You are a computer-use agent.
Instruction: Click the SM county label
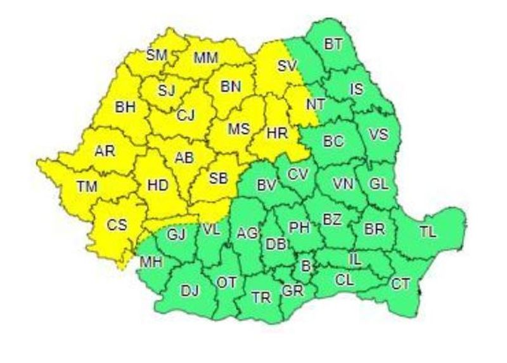[x=156, y=54]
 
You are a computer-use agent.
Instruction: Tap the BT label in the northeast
[x=332, y=44]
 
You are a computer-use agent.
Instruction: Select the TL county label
[x=428, y=232]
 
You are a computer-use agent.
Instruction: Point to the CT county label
[x=400, y=283]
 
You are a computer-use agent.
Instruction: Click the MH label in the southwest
[x=151, y=261]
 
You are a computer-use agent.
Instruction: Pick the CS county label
[x=116, y=224]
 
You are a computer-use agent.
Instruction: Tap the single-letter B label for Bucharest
[x=306, y=267]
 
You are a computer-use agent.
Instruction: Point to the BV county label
[x=266, y=185]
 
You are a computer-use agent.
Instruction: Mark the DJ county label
[x=189, y=291]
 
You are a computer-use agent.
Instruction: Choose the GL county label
[x=379, y=184]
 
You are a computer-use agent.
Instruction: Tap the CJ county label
[x=186, y=115]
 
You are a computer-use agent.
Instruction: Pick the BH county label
[x=125, y=107]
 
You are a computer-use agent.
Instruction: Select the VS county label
[x=378, y=135]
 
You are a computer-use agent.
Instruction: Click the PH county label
[x=298, y=226]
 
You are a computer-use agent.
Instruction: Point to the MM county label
[x=206, y=58]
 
